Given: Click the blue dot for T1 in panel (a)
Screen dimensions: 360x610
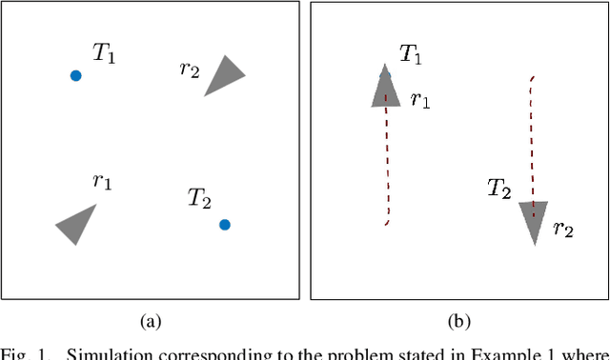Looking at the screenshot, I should (x=75, y=75).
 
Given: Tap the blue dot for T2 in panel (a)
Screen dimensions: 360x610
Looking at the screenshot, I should (x=224, y=225).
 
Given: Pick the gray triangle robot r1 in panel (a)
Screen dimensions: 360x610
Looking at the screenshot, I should (x=76, y=224).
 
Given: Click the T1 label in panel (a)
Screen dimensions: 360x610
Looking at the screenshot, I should (x=104, y=54).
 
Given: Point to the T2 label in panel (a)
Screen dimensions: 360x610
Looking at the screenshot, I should (x=198, y=198).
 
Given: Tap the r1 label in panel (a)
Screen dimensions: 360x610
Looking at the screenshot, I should (x=101, y=182).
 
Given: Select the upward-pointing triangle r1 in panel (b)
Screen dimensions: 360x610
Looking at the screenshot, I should (x=385, y=89).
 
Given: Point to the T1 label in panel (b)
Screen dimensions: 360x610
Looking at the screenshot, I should (x=411, y=54).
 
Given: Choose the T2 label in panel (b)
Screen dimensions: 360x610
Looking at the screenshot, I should (x=498, y=189).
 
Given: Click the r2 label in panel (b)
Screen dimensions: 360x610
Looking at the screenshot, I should (x=563, y=229).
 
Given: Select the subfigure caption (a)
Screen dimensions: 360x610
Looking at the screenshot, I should (x=150, y=322).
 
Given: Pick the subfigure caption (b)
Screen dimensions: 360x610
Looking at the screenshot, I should (x=460, y=322).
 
